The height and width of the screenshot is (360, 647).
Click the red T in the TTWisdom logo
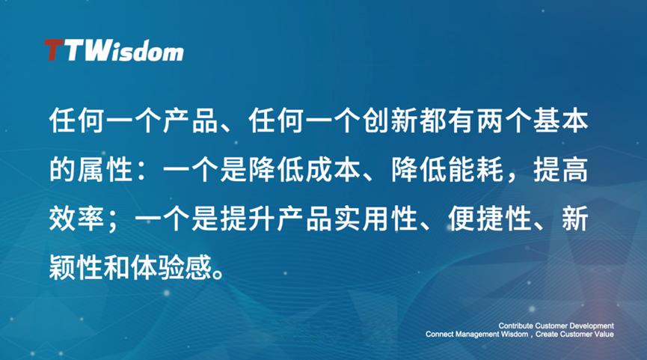point(54,50)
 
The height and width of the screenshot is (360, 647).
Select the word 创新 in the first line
point(390,121)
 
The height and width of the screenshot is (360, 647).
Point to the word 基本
point(560,121)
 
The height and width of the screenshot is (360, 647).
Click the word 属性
point(105,170)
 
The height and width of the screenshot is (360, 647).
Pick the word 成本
point(334,170)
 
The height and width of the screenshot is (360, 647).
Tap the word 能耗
point(476,170)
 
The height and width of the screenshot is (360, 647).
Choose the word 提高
point(560,170)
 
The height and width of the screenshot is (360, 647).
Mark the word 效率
point(76,219)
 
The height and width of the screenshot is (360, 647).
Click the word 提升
point(248,219)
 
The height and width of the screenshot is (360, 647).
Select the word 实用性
point(376,219)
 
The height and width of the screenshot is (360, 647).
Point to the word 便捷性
point(490,219)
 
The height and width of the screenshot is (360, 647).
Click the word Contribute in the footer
point(516,326)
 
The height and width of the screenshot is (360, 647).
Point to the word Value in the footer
point(604,334)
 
